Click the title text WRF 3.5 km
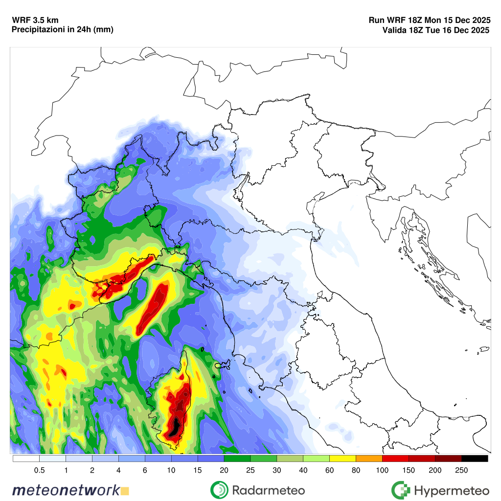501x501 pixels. coord(35,21)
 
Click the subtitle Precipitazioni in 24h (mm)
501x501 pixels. coord(62,30)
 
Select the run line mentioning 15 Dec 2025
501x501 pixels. coord(430,21)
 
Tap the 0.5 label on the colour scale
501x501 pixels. coord(40,470)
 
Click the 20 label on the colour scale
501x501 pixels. coord(224,470)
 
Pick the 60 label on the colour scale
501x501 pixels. coord(329,470)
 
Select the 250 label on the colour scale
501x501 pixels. coord(461,470)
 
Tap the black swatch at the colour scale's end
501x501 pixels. coord(475,458)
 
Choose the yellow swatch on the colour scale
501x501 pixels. coord(342,458)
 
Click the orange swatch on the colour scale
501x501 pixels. coord(369,458)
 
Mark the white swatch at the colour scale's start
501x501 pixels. coord(26,458)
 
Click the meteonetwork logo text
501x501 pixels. coord(66,490)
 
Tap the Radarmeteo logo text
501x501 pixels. coord(269,490)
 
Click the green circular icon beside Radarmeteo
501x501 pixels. coord(220,489)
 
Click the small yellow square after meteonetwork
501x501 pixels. coord(125,490)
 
